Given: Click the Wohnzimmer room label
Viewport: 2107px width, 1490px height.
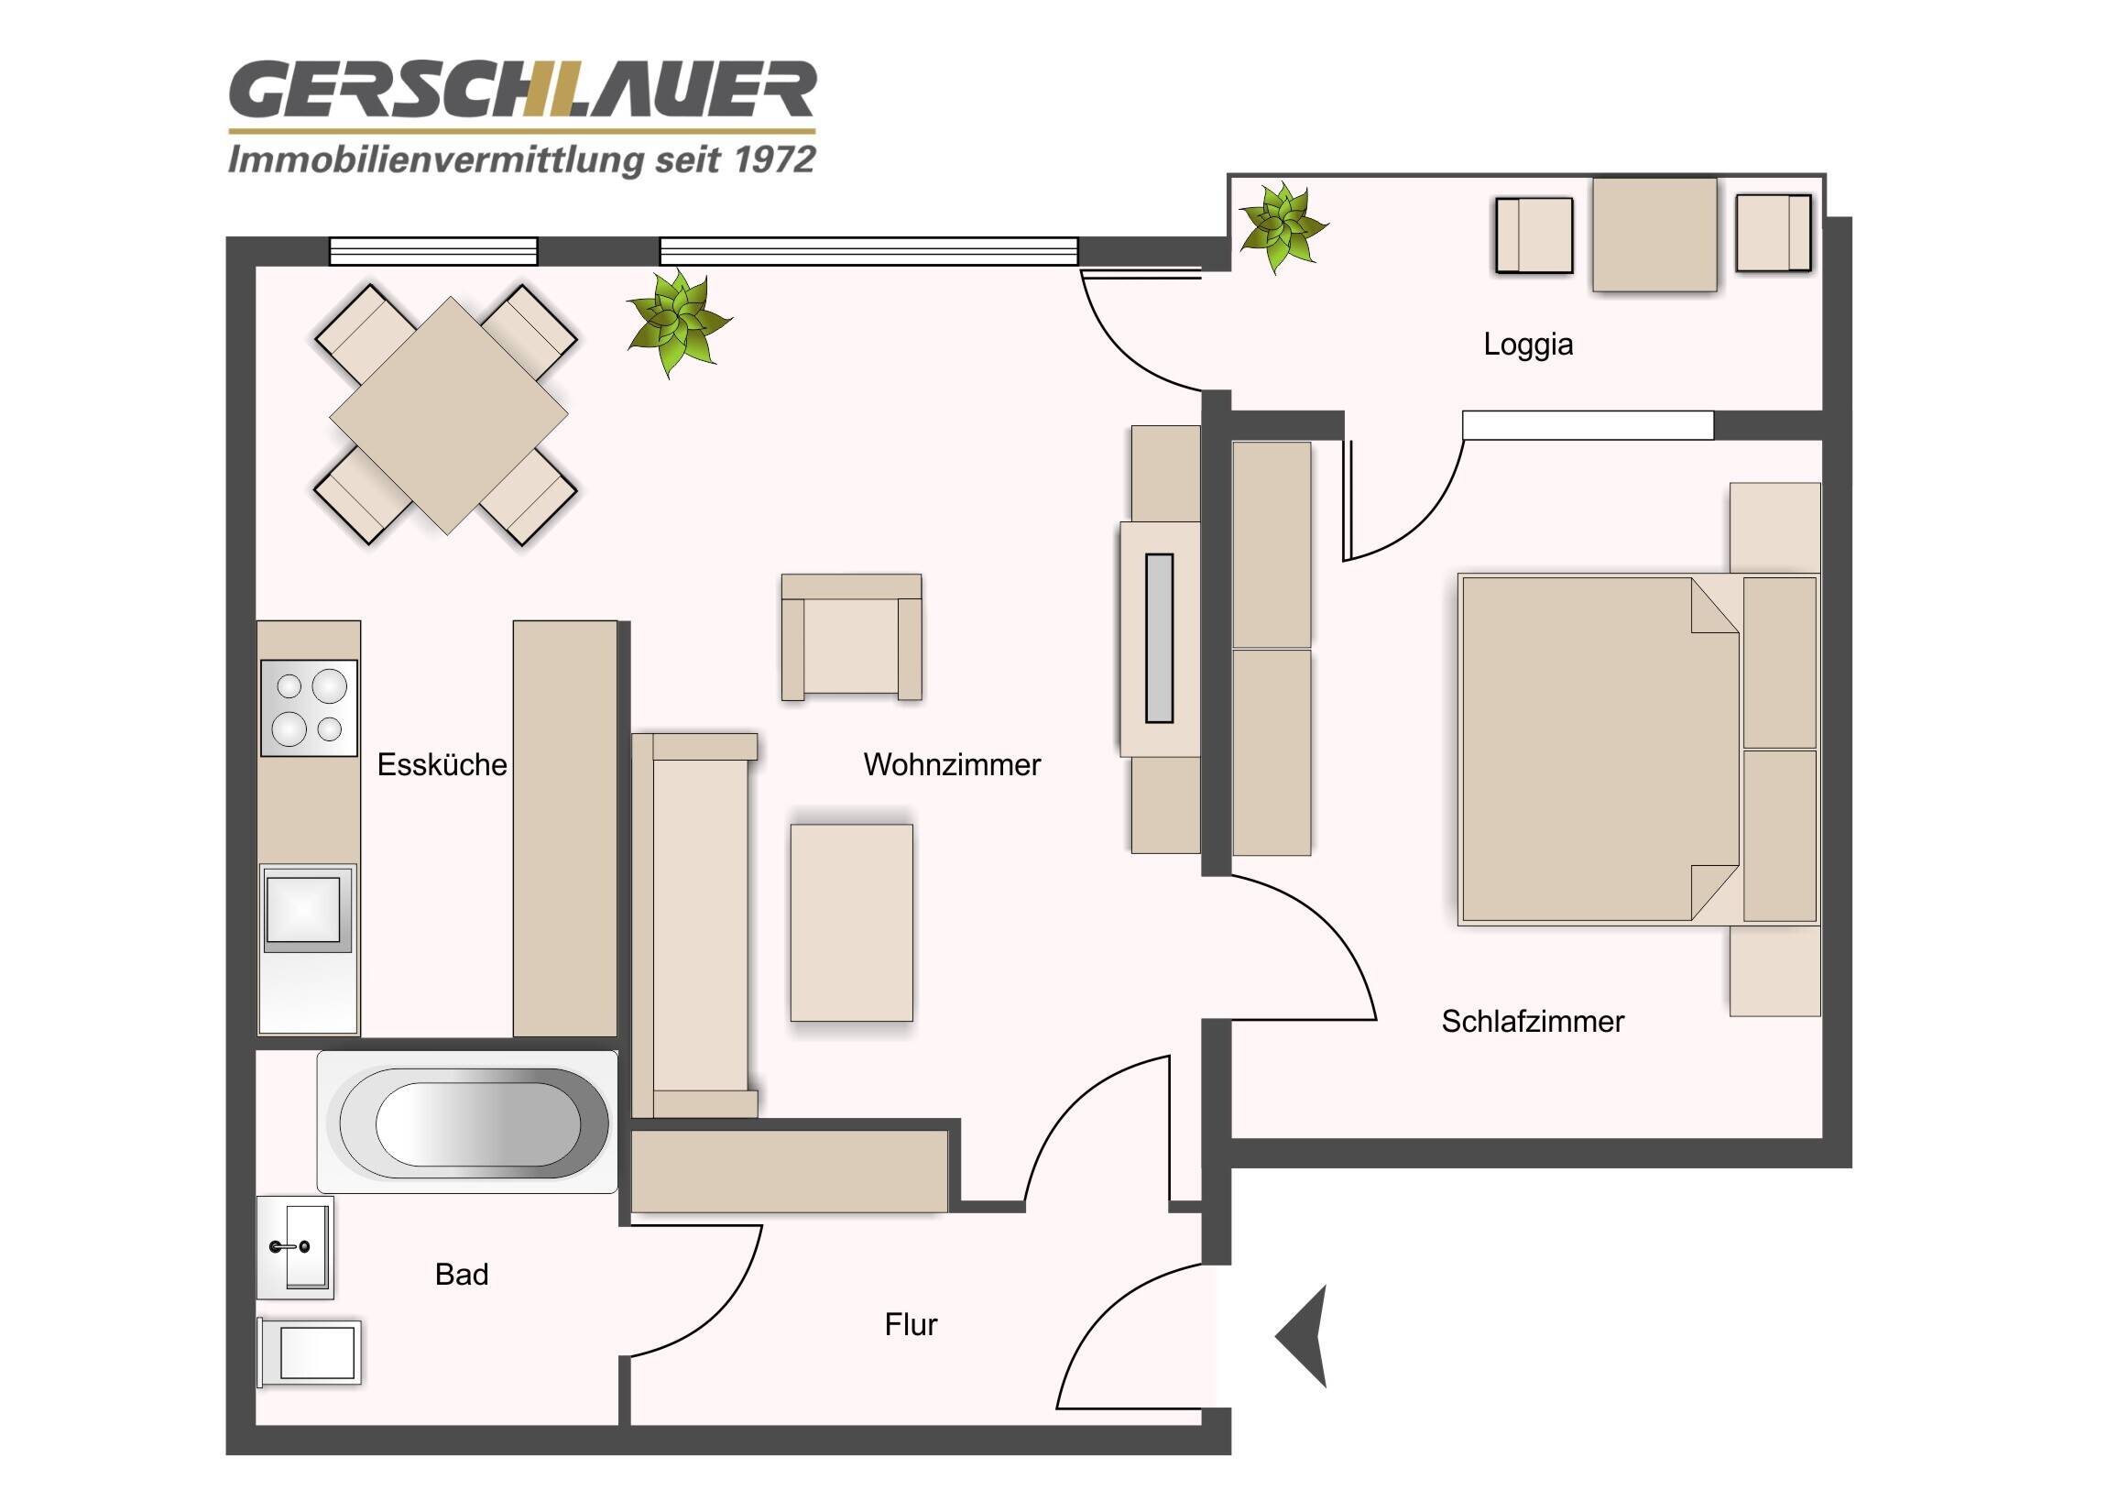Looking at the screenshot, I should [952, 765].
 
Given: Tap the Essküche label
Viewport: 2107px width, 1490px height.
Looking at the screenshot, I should [442, 765].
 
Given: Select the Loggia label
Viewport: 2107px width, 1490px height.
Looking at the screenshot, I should [1528, 345].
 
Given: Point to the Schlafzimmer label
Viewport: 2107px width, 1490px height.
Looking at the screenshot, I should [1532, 1021].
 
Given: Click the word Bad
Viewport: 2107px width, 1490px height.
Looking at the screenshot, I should [461, 1275].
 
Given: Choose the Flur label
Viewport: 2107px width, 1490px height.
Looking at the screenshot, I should [911, 1324].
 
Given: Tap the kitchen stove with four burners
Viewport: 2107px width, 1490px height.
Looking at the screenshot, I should [309, 707].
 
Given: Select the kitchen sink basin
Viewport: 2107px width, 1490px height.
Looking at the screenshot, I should [304, 909].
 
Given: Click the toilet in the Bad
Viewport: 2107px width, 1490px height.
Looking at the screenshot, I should [312, 1352].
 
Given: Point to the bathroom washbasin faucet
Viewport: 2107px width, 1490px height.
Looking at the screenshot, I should [290, 1247].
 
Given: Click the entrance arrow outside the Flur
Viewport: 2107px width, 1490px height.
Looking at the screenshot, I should [1305, 1336].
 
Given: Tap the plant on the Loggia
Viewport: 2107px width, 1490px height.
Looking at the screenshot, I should [1281, 225].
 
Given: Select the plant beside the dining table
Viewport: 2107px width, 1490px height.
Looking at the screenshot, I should [678, 322].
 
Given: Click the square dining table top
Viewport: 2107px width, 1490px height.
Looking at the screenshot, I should [448, 415].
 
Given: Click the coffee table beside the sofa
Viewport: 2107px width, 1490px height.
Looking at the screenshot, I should [852, 922].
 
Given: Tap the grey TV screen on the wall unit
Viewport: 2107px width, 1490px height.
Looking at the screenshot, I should [1159, 638].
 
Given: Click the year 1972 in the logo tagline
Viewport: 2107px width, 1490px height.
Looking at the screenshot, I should [775, 159].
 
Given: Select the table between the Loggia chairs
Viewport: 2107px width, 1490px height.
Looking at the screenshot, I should [1654, 234].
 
